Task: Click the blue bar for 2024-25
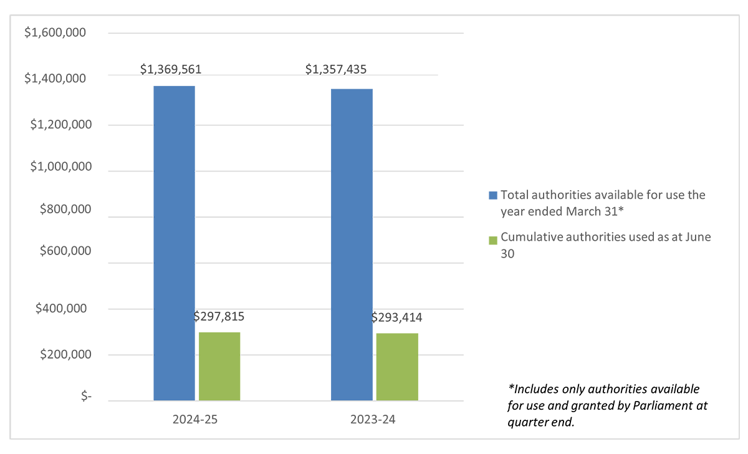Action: (x=174, y=243)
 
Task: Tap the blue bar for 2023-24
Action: (x=352, y=244)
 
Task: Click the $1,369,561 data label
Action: (x=171, y=69)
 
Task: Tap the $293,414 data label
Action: (x=396, y=317)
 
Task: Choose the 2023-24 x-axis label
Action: (x=372, y=420)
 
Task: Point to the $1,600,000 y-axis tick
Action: (x=55, y=32)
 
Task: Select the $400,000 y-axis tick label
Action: (x=62, y=308)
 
